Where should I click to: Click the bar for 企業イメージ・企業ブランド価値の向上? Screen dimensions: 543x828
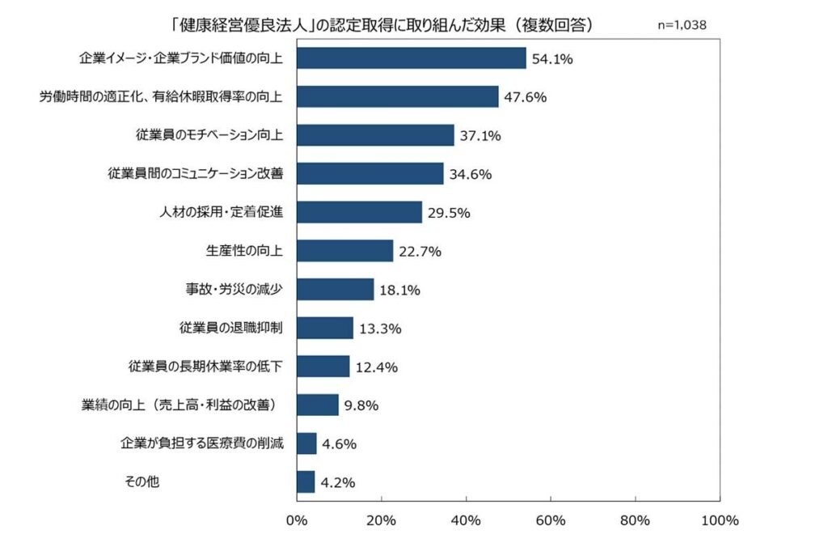[412, 58]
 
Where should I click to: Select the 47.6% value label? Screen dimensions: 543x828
[524, 97]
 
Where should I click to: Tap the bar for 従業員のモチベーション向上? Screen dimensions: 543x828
[376, 135]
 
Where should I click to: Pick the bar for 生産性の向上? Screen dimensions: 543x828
[345, 251]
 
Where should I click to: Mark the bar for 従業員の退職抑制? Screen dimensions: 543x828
[325, 328]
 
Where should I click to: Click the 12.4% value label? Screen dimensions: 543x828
[376, 367]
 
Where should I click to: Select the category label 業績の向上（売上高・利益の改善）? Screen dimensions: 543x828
[182, 405]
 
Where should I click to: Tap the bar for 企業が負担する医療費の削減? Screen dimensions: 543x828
[307, 443]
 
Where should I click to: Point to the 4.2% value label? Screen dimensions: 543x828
[339, 482]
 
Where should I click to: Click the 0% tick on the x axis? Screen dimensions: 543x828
[297, 520]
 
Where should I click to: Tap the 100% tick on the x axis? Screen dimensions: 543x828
[716, 520]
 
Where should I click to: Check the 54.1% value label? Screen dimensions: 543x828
[552, 59]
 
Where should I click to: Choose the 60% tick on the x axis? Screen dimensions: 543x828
[551, 520]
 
